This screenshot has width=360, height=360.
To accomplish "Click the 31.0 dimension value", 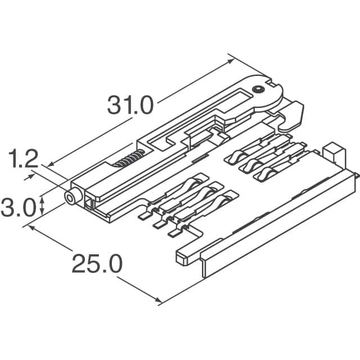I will pyautogui.click(x=130, y=105).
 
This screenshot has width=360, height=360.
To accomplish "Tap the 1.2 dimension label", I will pyautogui.click(x=22, y=160).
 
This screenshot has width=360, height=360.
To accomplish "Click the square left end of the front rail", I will pyautogui.click(x=181, y=258).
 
